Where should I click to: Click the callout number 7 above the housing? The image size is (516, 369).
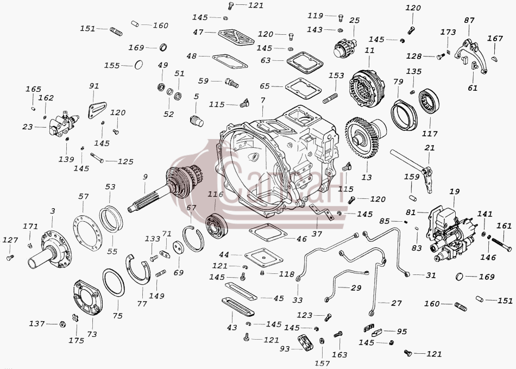click(x=262, y=100)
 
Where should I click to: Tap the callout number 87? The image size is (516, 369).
click(x=469, y=20)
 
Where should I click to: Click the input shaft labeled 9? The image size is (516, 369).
click(x=161, y=187)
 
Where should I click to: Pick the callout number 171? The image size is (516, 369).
click(x=30, y=227)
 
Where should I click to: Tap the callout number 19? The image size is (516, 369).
click(x=455, y=192)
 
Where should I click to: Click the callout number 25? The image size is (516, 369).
click(x=355, y=21)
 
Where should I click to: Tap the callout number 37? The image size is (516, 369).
click(x=317, y=234)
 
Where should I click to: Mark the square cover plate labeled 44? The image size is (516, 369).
click(x=263, y=258)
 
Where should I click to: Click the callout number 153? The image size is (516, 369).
click(x=336, y=76)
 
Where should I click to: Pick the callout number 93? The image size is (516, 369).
click(x=285, y=348)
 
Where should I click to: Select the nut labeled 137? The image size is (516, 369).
click(x=61, y=324)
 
